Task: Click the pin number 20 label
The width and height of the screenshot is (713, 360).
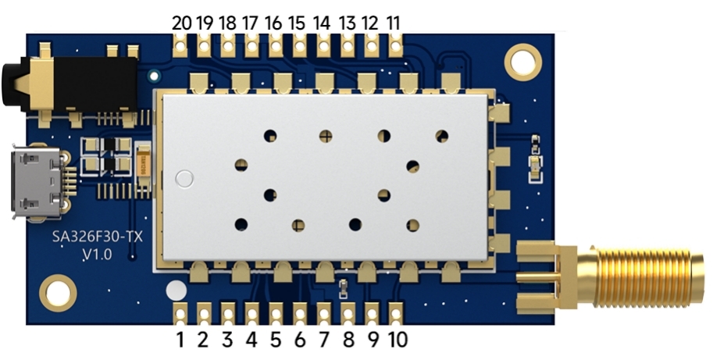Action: pyautogui.click(x=181, y=23)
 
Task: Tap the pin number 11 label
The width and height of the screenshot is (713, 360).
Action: pyautogui.click(x=394, y=23)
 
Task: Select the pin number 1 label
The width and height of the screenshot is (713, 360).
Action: pyautogui.click(x=180, y=340)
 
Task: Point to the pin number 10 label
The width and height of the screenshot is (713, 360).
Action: pyautogui.click(x=397, y=340)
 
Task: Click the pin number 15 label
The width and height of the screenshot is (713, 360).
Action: pyautogui.click(x=298, y=23)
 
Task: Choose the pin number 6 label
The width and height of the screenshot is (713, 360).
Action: pyautogui.click(x=300, y=340)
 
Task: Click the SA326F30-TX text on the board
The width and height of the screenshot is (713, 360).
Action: pyautogui.click(x=98, y=237)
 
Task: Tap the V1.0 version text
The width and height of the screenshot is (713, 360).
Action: pyautogui.click(x=97, y=254)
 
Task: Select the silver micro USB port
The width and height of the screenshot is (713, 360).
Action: pyautogui.click(x=38, y=182)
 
